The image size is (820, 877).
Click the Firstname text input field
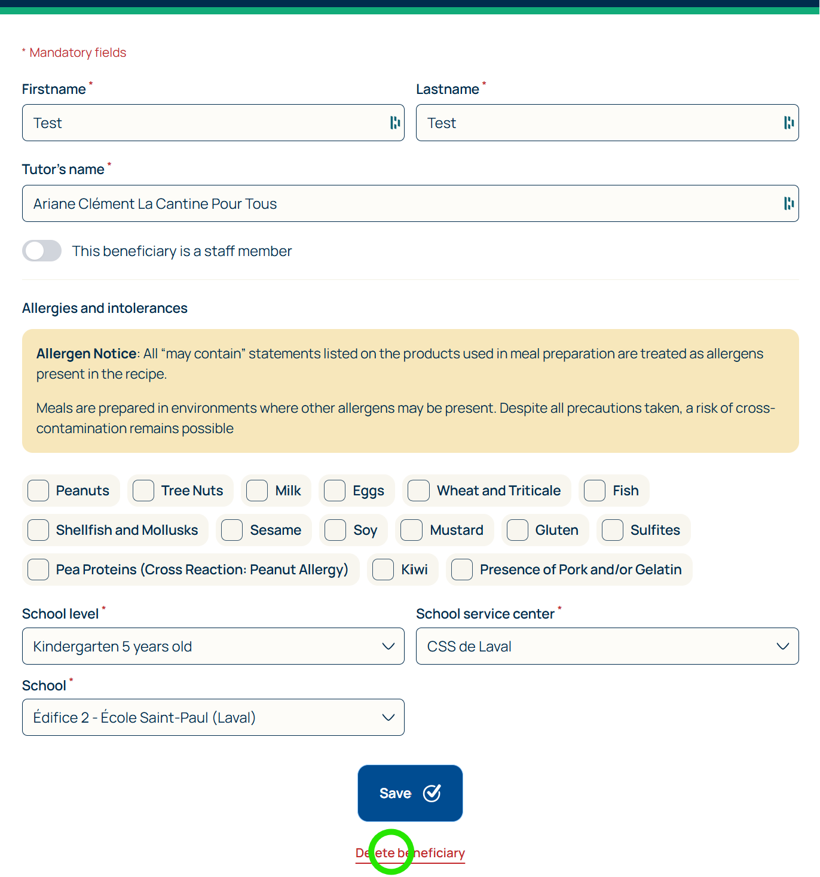tap(203, 123)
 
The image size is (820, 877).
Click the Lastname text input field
tap(598, 123)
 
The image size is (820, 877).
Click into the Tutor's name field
tap(400, 203)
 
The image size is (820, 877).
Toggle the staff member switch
tap(42, 251)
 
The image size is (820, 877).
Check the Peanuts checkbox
tap(38, 491)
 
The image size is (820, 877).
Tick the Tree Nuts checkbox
tap(143, 491)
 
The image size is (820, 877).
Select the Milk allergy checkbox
tap(257, 491)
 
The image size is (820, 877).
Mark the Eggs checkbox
tap(335, 491)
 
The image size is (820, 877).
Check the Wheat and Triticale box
tap(418, 491)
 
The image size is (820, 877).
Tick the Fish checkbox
tap(595, 491)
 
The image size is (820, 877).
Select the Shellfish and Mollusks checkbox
tap(38, 530)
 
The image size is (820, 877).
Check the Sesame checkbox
tap(232, 530)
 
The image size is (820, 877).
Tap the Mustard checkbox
tap(411, 530)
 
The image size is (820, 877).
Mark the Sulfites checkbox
tap(613, 530)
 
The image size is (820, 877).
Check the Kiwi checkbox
tap(383, 570)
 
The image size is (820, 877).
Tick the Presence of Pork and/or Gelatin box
tap(462, 570)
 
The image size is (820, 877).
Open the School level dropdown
tap(213, 646)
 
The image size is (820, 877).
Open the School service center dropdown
tap(607, 646)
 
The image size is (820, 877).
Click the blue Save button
tap(410, 793)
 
